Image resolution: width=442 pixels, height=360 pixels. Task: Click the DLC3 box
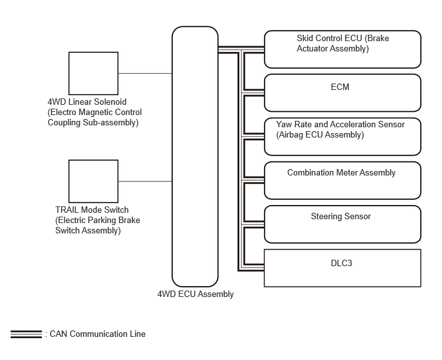click(x=342, y=268)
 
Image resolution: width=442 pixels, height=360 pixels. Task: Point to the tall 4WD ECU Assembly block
click(x=195, y=157)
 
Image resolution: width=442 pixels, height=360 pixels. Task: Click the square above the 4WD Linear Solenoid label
click(x=93, y=73)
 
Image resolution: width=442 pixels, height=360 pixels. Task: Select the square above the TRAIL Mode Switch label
click(x=93, y=181)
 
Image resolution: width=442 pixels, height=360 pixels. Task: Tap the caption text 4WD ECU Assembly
click(x=195, y=294)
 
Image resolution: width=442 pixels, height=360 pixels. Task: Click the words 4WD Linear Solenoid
click(x=87, y=102)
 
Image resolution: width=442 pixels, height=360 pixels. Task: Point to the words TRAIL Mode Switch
click(x=92, y=210)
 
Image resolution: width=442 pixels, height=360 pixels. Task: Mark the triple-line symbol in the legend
click(x=26, y=334)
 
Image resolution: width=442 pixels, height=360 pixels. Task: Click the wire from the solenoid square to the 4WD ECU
click(x=145, y=73)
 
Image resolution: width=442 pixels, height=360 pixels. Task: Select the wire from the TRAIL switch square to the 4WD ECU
click(x=145, y=181)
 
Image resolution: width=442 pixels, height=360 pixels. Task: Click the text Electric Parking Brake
click(x=98, y=221)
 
